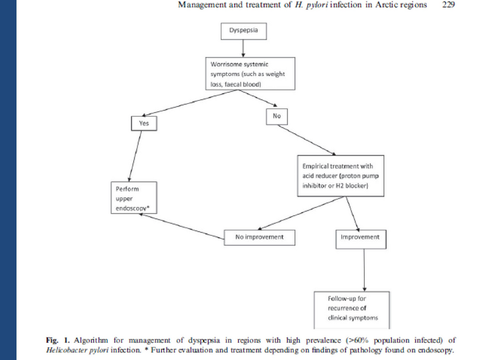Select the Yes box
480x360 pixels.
(x=143, y=123)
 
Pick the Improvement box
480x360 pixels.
(x=360, y=237)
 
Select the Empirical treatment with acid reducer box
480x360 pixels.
(x=339, y=175)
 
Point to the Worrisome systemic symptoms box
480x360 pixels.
(x=249, y=73)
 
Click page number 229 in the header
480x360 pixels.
(x=448, y=5)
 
